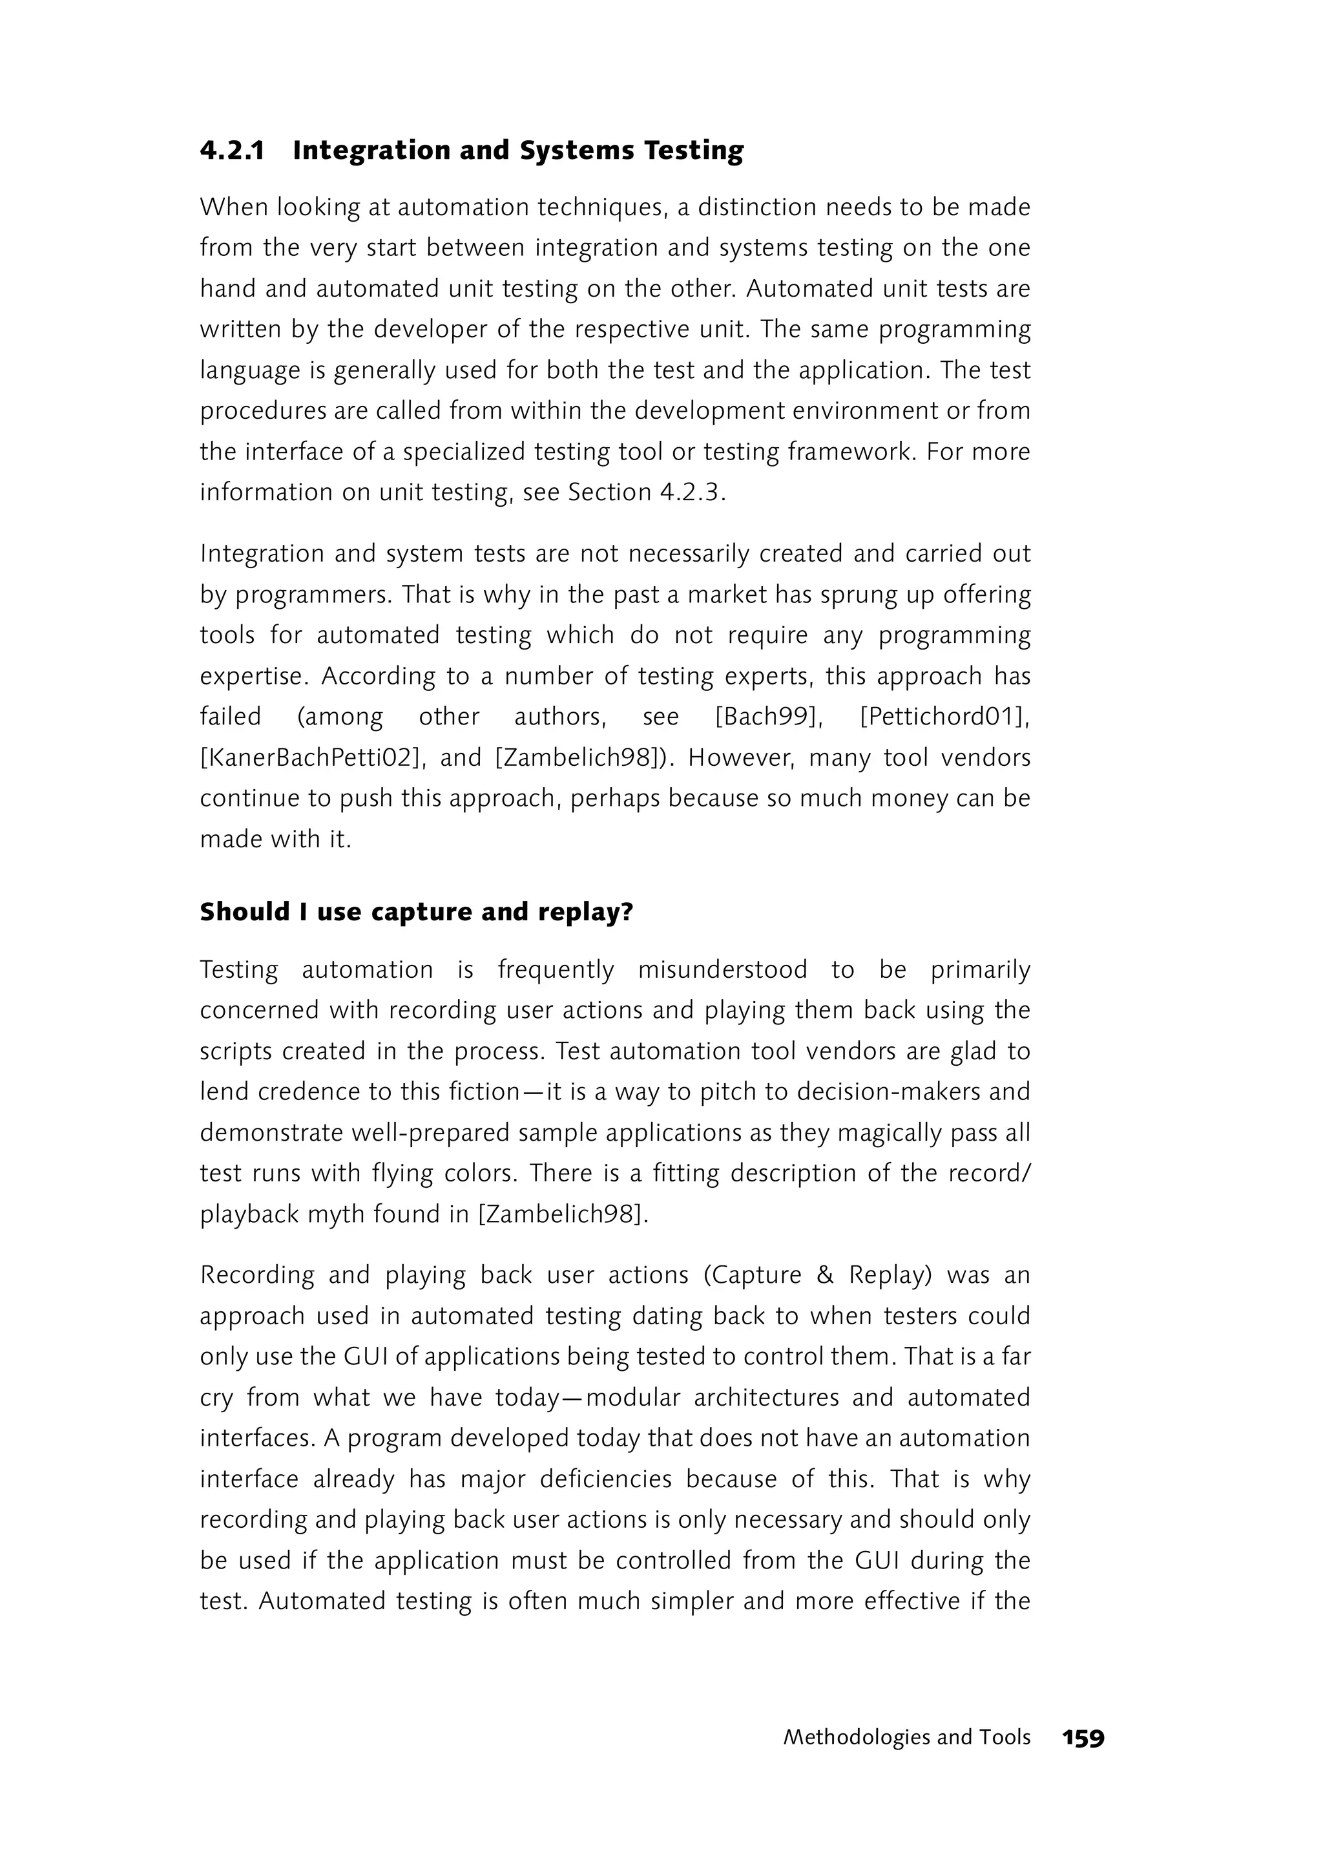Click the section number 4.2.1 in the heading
(232, 151)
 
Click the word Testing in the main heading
(693, 151)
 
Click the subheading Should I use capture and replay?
(416, 911)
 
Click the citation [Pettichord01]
(944, 717)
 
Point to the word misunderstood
(723, 970)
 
